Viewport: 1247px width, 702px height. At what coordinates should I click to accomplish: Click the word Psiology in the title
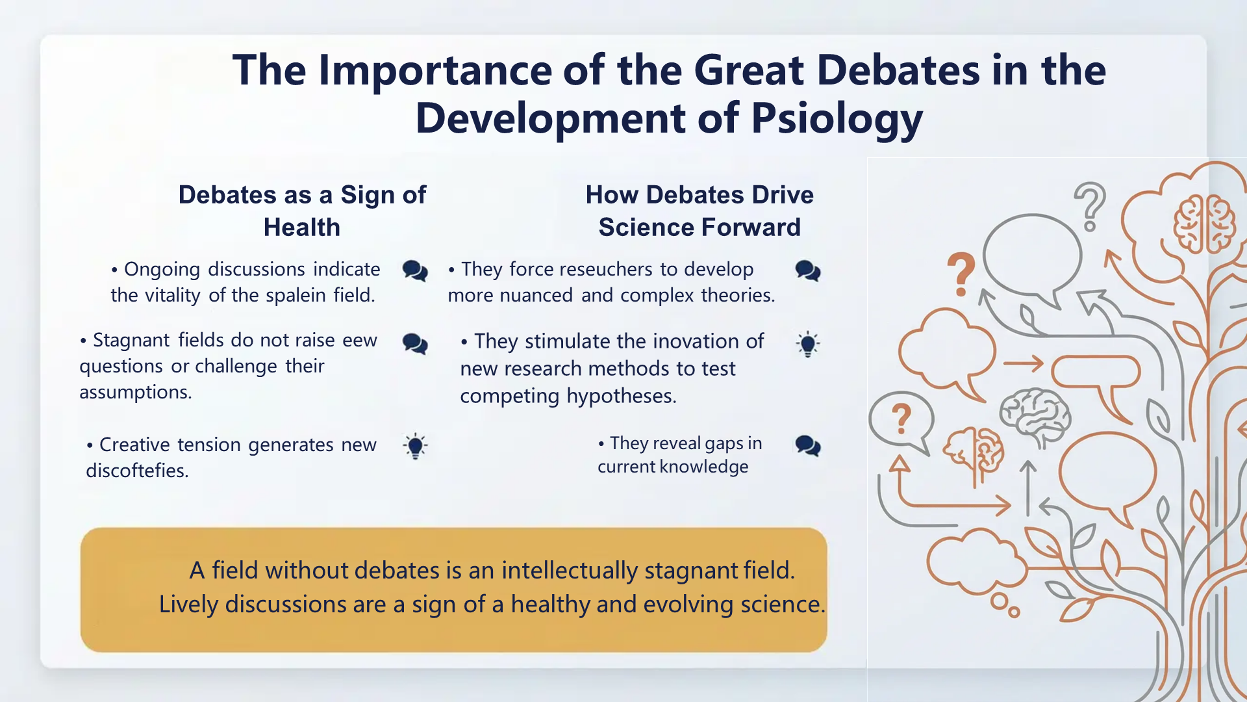coord(837,118)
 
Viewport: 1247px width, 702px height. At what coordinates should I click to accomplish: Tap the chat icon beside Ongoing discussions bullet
coord(415,270)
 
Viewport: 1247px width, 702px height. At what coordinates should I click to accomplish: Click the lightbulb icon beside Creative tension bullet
coord(415,446)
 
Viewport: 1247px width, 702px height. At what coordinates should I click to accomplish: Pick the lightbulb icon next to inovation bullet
coord(808,344)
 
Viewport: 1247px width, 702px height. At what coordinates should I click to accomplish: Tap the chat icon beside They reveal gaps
coord(808,446)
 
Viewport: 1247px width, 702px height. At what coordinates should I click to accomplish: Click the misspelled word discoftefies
coord(136,471)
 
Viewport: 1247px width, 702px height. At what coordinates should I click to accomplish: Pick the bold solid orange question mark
coord(961,273)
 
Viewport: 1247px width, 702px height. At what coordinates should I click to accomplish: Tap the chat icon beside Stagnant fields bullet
coord(415,343)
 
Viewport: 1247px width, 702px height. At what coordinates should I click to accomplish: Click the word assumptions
coord(135,393)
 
